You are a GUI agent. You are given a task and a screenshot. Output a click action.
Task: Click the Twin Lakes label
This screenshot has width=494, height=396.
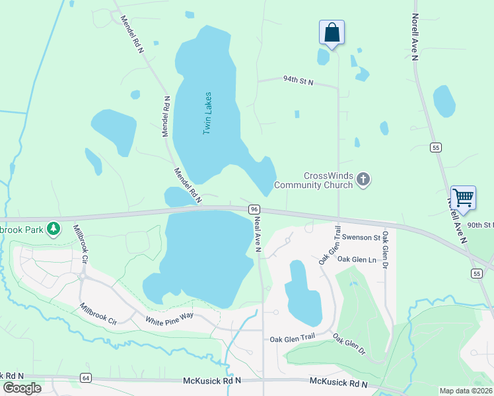[x=207, y=114]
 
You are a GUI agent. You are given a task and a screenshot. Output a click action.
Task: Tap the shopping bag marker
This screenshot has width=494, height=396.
[x=332, y=33]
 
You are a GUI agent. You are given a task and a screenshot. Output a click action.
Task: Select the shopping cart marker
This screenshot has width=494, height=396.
[x=463, y=197]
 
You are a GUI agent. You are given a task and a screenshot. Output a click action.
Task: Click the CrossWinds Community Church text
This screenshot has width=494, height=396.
[x=314, y=180]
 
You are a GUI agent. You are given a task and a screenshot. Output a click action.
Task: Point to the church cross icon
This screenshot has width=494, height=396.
[x=363, y=179]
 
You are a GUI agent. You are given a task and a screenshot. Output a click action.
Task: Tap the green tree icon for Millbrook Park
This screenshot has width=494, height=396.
[x=53, y=229]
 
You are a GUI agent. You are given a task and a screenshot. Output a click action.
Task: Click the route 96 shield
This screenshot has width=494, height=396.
[x=254, y=209]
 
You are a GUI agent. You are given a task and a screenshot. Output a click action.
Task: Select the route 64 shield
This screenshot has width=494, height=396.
[x=85, y=378]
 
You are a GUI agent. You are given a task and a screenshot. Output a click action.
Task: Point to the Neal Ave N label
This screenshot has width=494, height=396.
[x=258, y=233]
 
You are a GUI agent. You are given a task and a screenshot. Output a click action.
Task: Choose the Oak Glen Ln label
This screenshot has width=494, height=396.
[x=357, y=259]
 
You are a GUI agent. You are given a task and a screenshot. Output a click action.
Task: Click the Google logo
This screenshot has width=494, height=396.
[x=22, y=388]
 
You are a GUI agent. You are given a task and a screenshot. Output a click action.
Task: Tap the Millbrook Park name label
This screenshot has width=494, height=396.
[x=21, y=229]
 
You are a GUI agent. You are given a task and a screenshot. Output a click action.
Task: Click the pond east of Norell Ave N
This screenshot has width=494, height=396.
[x=444, y=101]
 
